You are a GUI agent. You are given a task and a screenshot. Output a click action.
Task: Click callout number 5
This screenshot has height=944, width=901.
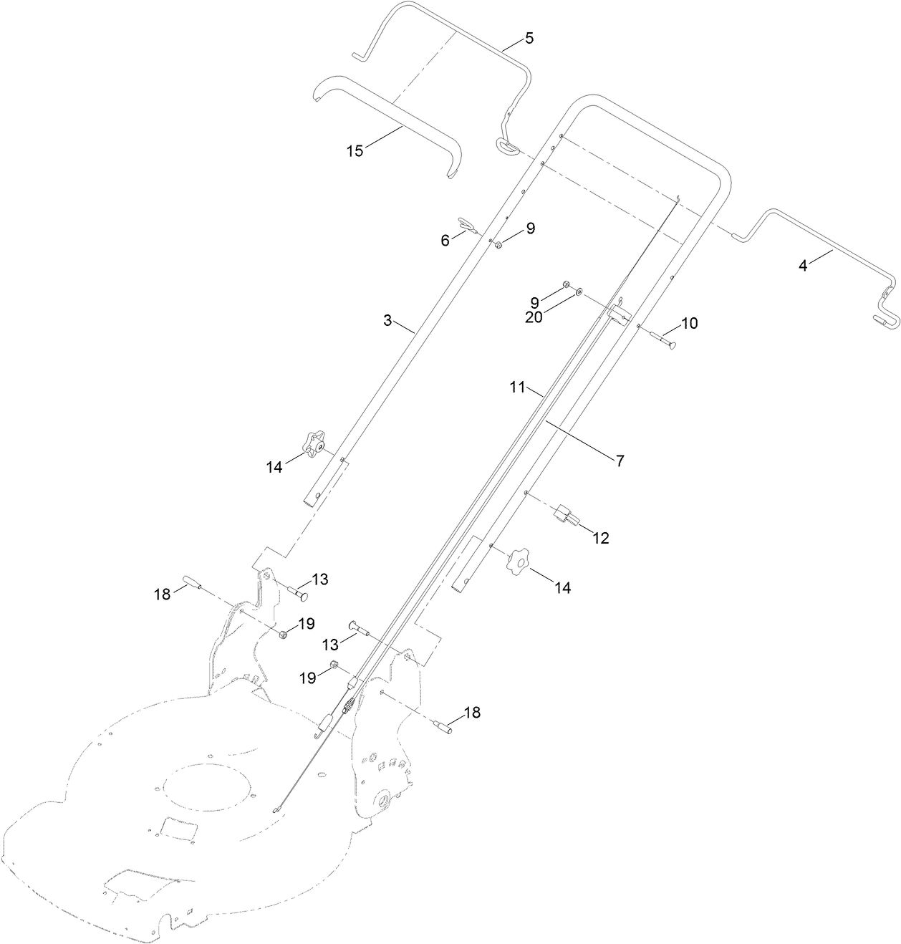pos(529,39)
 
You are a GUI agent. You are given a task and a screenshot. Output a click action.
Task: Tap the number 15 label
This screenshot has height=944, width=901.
pos(355,150)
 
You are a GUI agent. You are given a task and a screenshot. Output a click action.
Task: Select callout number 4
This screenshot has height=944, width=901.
pos(803,266)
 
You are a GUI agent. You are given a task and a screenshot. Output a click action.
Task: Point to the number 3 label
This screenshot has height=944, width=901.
pos(387,320)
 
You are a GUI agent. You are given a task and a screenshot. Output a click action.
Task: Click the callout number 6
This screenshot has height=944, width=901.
pos(445,241)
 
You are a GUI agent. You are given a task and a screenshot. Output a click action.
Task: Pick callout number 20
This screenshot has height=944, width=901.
pos(534,318)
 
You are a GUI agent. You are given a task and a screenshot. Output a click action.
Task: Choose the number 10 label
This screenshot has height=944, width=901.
pos(688,323)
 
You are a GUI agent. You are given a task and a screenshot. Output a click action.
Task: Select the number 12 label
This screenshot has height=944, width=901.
pos(600,539)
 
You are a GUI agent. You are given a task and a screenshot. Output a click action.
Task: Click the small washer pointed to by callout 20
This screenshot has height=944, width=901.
pos(579,292)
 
